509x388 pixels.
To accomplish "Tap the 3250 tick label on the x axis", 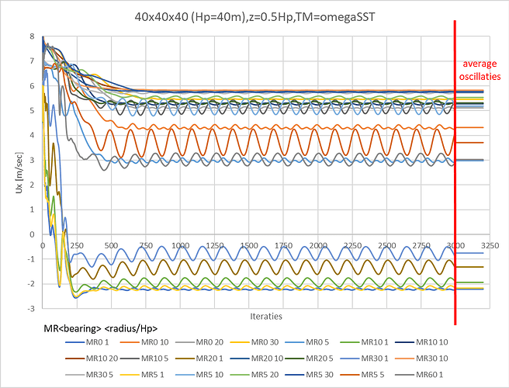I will point(487,245).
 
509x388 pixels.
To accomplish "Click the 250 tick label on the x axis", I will point(76,245).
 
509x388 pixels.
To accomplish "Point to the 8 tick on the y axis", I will point(31,36).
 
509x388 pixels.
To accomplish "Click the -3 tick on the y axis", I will point(29,308).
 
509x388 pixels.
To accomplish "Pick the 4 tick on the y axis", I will point(31,135).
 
